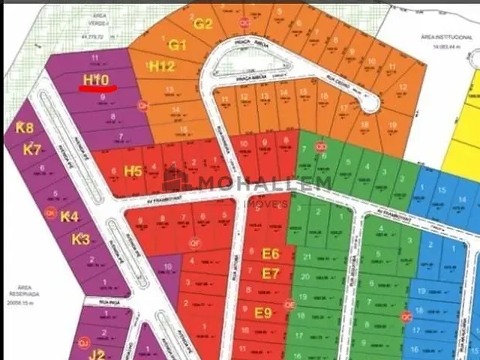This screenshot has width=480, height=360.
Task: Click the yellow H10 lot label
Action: (97, 79)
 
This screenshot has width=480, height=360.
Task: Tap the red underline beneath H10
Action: (97, 88)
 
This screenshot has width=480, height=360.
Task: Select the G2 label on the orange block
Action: (203, 23)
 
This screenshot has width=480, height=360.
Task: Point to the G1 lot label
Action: (177, 45)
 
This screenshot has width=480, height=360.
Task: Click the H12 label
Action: (161, 67)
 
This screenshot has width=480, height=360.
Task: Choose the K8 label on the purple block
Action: (25, 127)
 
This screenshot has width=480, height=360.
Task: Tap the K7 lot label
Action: (31, 149)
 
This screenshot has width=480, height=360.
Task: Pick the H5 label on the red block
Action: (133, 170)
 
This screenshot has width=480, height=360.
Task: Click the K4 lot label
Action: (69, 217)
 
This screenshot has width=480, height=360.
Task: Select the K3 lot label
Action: (80, 239)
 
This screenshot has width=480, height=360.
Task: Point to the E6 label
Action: (271, 253)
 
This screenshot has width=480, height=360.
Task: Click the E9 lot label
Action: (263, 312)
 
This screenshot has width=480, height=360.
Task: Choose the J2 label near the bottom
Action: (97, 354)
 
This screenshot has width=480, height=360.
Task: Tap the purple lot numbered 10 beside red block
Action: (167, 267)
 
